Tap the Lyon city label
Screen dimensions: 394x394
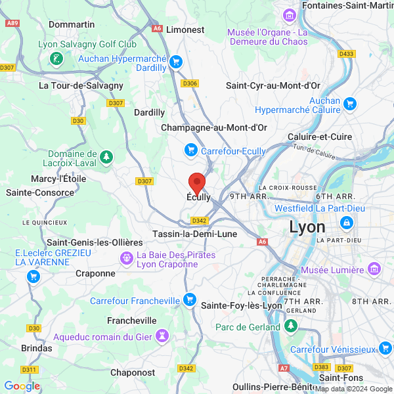point(307,227)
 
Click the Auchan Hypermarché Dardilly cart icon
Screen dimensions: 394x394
point(175,62)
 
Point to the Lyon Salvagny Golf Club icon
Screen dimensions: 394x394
point(57,60)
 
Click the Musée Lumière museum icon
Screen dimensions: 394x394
point(374,269)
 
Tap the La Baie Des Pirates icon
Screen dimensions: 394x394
point(126,259)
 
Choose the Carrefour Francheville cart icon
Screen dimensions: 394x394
point(189,300)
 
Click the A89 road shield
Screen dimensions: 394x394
point(11,23)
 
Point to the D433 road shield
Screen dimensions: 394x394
point(346,53)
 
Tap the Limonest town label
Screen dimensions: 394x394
point(186,30)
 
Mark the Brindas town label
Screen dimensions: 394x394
point(37,348)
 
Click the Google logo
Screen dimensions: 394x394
point(22,385)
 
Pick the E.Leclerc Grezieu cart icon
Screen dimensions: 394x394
point(33,276)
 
